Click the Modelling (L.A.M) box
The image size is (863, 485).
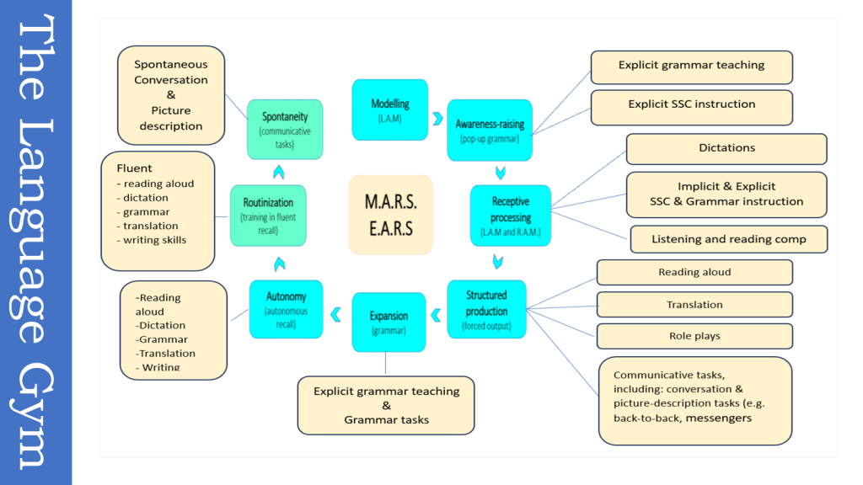[x=389, y=109]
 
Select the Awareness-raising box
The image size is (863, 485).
[x=489, y=130]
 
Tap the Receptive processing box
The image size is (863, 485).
[x=510, y=216]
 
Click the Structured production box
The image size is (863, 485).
[x=486, y=309]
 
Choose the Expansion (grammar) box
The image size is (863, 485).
[x=389, y=322]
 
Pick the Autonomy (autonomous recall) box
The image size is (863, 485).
[x=286, y=309]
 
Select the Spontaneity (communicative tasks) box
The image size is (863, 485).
[x=285, y=129]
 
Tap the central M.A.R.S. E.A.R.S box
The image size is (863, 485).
[x=390, y=215]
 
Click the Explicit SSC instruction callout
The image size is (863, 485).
[x=691, y=105]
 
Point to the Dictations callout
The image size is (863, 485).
[x=726, y=148]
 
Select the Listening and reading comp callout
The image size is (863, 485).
[x=728, y=239]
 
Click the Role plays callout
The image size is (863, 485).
[x=694, y=336]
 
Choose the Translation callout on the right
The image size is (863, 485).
[x=694, y=305]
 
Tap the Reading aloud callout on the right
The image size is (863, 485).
[x=694, y=273]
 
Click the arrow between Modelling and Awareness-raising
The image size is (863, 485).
[x=437, y=118]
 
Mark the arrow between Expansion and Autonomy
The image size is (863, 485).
[x=336, y=315]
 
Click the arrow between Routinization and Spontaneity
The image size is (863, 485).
[x=278, y=172]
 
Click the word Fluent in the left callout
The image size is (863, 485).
[x=135, y=168]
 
